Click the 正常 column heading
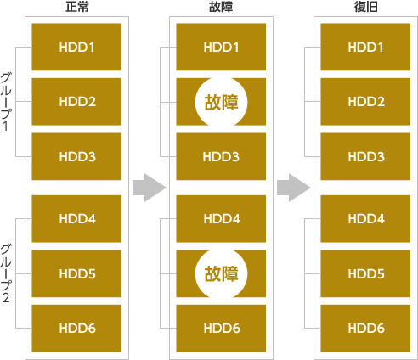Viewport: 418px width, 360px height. (77, 7)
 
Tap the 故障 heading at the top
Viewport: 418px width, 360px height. (221, 7)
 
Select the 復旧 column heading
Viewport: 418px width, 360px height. (365, 7)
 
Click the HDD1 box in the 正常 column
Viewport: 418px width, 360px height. (76, 47)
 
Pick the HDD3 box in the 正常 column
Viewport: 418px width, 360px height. (76, 156)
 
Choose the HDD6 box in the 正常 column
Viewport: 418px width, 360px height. (76, 329)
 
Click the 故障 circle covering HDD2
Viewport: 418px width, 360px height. (221, 102)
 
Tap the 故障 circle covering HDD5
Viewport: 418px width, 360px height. (221, 273)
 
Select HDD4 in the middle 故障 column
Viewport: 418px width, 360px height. (221, 219)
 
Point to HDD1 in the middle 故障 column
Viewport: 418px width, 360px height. (221, 47)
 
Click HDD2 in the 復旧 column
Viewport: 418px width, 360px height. (365, 102)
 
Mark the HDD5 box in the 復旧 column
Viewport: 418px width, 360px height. (365, 273)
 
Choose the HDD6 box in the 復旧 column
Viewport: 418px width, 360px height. (365, 329)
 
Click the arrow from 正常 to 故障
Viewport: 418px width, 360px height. (150, 188)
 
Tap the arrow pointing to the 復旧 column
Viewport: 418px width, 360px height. (294, 188)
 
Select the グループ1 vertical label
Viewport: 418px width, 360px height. (6, 102)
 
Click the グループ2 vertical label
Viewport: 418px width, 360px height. (6, 273)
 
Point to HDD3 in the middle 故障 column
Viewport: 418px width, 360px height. (221, 156)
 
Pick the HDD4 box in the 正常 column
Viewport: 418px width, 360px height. (76, 219)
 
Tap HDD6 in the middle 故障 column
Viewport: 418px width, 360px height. (221, 329)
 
